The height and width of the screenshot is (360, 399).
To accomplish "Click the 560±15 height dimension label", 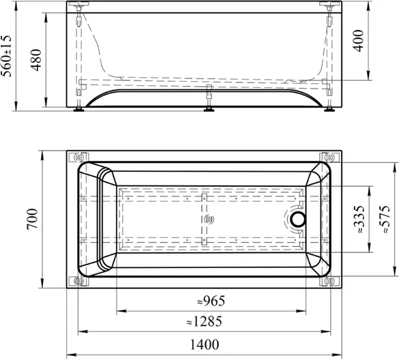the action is pos(6,56).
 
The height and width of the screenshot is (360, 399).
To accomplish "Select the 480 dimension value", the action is pos(36,60).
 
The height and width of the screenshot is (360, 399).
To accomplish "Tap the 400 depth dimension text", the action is pos(359,41).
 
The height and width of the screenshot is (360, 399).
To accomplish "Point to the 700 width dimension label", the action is pos(32,219).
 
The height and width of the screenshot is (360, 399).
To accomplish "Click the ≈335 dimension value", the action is pos(359,220).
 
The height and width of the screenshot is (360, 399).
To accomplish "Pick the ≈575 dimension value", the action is pos(384,220).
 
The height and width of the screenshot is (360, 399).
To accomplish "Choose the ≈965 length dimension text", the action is pos(211,301).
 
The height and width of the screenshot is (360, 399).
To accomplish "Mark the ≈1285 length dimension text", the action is pos(204,321).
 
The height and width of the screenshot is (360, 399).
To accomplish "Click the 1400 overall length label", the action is pos(205,345).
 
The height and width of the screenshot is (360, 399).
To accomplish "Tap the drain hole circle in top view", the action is pos(298,220).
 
